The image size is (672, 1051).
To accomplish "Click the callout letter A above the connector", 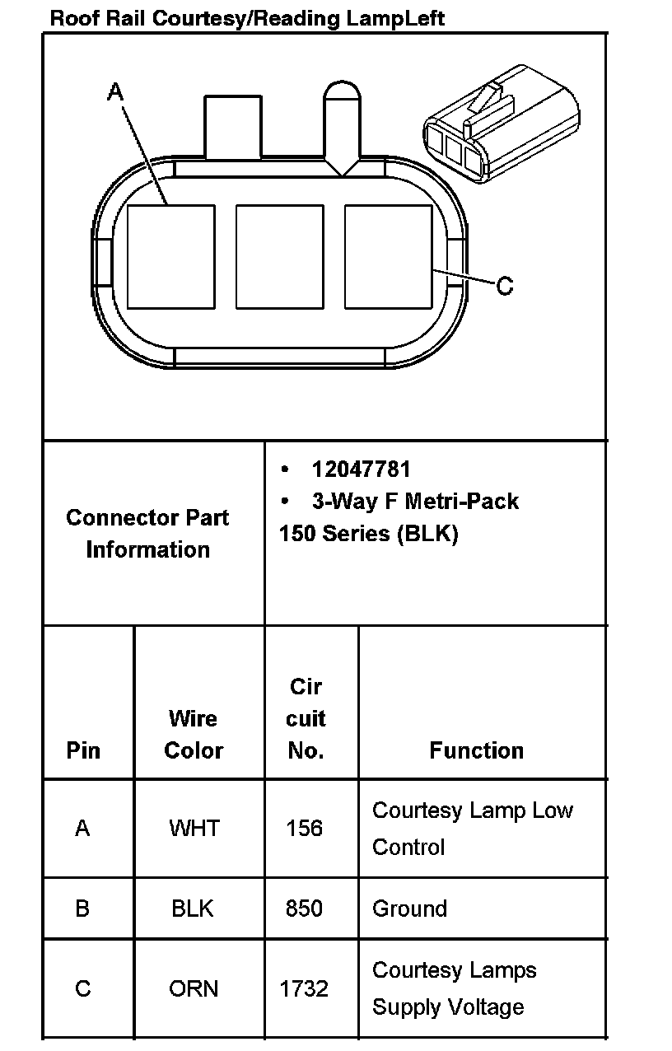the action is pos(116,91).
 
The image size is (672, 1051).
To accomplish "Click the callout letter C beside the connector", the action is pos(505,286).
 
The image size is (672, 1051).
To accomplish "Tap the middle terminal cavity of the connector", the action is pos(279,257).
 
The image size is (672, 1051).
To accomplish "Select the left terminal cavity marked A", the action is pos(170,257).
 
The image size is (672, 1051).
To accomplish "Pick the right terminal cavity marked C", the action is pos(388,257).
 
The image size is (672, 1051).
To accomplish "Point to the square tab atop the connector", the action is pos(232,127).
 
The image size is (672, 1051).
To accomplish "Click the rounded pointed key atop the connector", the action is pos(341,124).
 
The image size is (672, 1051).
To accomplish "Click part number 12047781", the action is pos(361,469).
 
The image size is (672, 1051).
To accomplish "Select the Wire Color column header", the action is pos(194,734).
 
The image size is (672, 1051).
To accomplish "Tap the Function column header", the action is pos(476,750).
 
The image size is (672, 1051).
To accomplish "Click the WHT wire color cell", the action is pos(194,828).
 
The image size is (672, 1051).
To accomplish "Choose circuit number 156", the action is pos(304,828).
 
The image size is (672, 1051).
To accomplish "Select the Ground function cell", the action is pos(409,909).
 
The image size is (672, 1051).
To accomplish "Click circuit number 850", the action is pos(304,909).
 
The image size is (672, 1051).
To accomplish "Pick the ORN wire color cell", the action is pos(194,988).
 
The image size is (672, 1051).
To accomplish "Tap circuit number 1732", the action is pos(304,988).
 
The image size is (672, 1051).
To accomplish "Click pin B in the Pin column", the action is pos(82,909).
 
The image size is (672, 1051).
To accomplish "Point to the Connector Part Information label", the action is pos(147,533).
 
